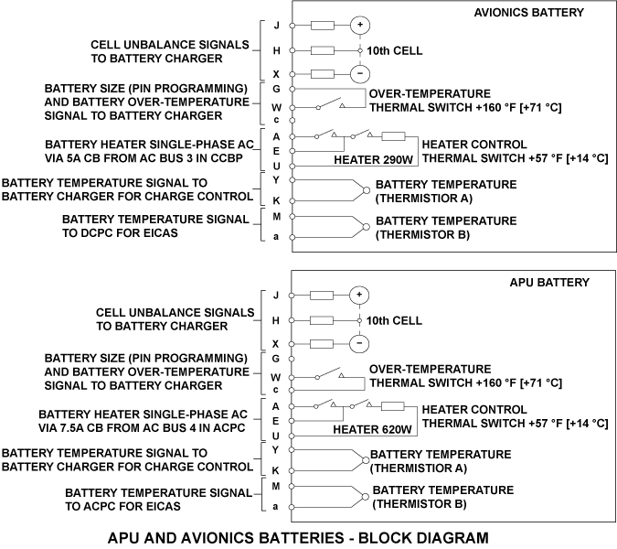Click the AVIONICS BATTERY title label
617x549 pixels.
tap(529, 12)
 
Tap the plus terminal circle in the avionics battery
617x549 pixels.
tap(360, 25)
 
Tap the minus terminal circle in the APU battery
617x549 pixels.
tap(360, 344)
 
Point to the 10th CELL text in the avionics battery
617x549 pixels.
tap(395, 50)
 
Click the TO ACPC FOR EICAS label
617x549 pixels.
tap(123, 505)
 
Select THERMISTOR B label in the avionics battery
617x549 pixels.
tap(422, 235)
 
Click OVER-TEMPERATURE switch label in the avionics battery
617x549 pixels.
tap(430, 94)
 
